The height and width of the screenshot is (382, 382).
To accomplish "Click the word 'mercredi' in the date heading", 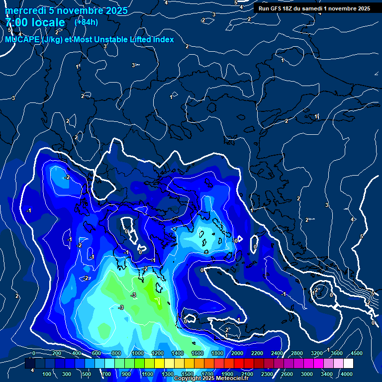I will [x=25, y=10].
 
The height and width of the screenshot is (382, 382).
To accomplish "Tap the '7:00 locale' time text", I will [x=35, y=22].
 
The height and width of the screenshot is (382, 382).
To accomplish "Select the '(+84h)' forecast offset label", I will [x=86, y=22].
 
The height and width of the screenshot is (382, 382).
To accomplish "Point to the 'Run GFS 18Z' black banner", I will [x=313, y=8].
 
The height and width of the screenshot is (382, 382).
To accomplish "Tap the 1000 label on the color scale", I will [x=137, y=353].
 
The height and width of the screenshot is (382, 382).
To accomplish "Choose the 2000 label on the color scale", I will [x=237, y=353].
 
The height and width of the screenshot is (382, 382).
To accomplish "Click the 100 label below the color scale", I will [x=47, y=374].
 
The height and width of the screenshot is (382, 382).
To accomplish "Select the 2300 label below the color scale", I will [x=267, y=374].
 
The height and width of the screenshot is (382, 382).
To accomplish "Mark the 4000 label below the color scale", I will [x=347, y=374].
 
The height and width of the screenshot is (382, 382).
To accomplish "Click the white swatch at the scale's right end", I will [x=348, y=364].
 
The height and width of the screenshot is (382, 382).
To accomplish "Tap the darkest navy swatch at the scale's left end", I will [x=30, y=364].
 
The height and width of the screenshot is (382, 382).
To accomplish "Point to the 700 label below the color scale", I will [x=106, y=374].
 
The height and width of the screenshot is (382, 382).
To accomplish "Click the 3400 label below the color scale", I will [x=327, y=374].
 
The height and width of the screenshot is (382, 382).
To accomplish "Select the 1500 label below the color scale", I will [x=187, y=374].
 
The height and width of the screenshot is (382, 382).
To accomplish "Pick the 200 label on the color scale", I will [x=56, y=353].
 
